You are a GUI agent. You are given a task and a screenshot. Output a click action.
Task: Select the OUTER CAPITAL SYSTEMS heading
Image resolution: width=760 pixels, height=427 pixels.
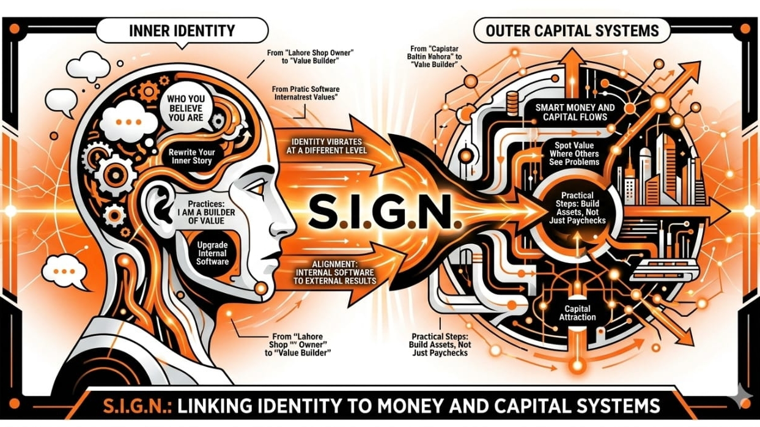pyautogui.click(x=572, y=31)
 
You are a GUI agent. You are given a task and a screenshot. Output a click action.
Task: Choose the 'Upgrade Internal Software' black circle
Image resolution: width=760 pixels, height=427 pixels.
pyautogui.click(x=212, y=253)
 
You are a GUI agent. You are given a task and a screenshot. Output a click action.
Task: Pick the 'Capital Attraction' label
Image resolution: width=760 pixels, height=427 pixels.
pyautogui.click(x=577, y=313)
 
